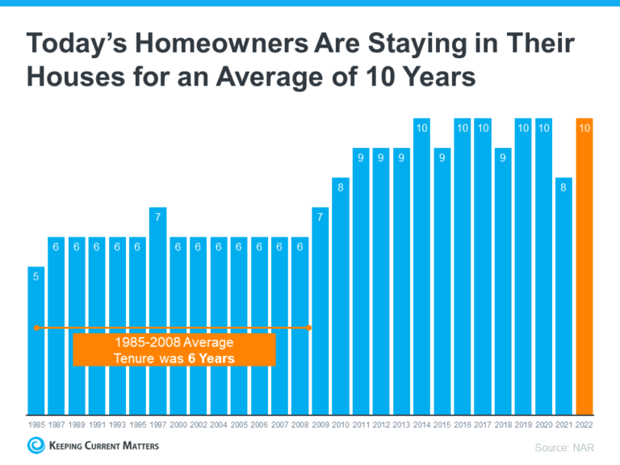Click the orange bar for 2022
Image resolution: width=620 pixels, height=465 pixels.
tap(584, 266)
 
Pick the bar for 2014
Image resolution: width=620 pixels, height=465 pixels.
tap(421, 266)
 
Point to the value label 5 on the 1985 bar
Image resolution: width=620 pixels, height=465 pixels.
tap(36, 276)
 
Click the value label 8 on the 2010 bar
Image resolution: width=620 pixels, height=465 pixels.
tap(341, 187)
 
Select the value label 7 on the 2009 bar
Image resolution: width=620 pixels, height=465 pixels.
tap(320, 217)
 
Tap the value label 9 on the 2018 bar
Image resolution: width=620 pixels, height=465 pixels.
tap(503, 158)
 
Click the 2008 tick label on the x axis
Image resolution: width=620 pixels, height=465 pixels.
tap(300, 424)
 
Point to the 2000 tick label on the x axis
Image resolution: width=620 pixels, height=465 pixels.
tap(178, 424)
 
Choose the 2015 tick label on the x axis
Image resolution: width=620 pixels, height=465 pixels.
tap(442, 424)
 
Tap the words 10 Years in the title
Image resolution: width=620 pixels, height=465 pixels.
tap(424, 79)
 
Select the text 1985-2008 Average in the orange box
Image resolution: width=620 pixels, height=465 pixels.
tap(174, 342)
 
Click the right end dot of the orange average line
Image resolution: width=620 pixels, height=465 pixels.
tap(310, 328)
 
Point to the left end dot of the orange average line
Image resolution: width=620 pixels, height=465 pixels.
tap(36, 328)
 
